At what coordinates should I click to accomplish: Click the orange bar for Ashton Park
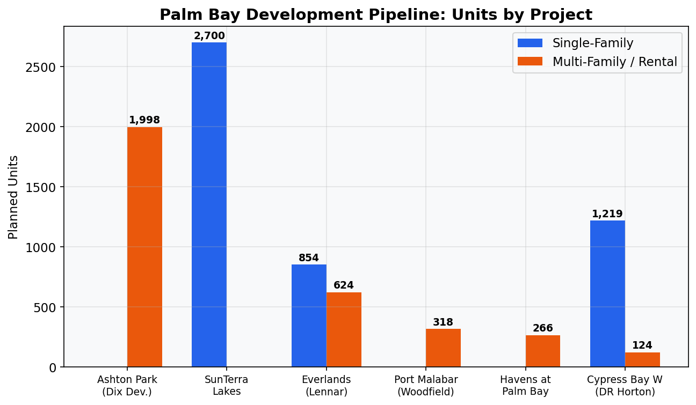pos(144,247)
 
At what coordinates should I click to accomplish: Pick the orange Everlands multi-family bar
pos(344,329)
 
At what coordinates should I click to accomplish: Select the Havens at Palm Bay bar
pos(542,351)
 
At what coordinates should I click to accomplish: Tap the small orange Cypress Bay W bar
pos(642,359)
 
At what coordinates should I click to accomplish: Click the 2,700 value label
pos(209,36)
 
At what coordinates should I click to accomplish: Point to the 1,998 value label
pos(144,120)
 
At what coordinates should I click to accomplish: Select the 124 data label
pos(642,345)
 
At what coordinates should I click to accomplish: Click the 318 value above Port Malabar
pos(443,322)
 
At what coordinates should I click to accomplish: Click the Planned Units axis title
pos(13,197)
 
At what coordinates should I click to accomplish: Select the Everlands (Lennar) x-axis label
pos(327,386)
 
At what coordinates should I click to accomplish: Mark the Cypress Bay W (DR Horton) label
pos(625,386)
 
